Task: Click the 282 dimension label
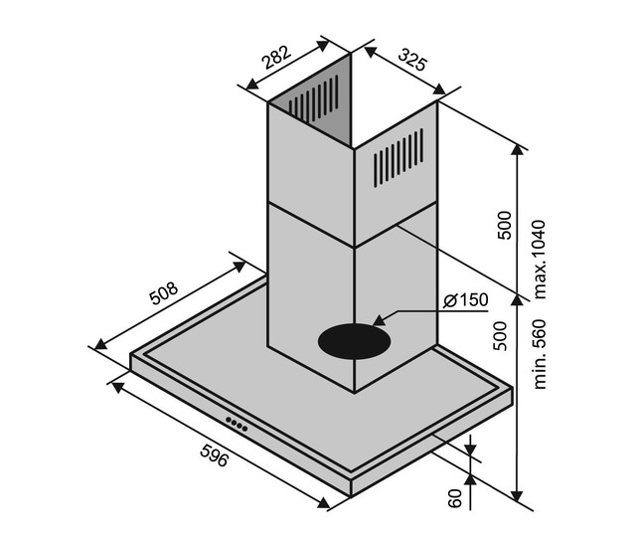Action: tap(276, 58)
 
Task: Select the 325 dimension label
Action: tap(412, 59)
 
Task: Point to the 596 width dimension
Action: tap(215, 455)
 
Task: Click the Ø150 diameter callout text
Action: tap(466, 300)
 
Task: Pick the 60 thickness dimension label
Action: tap(455, 498)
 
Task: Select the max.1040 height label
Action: tap(539, 260)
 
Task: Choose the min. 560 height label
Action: tap(540, 354)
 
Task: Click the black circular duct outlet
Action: tap(354, 341)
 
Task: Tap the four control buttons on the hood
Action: tap(237, 423)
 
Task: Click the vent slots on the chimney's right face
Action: tap(397, 158)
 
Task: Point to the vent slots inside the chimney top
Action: tap(313, 98)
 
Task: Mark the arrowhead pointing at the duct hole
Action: tap(380, 320)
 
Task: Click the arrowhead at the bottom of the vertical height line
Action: tap(517, 496)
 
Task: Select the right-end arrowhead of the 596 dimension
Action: tap(323, 502)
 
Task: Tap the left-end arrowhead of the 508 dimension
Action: tap(100, 344)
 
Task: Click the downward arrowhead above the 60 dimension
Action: tap(470, 450)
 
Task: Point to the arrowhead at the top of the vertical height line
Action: tap(517, 150)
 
